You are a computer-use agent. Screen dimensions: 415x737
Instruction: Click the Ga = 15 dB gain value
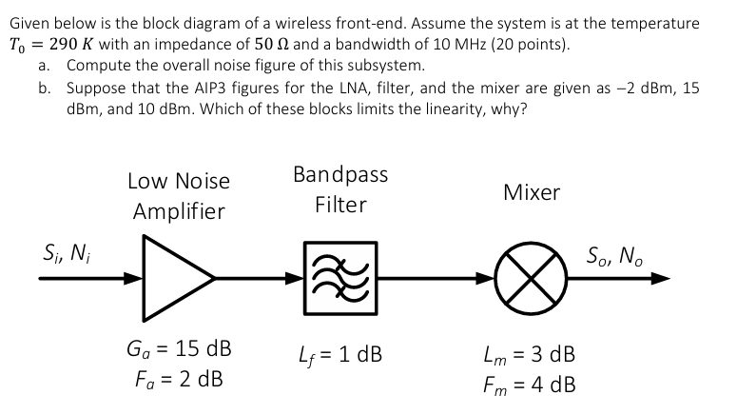click(x=178, y=346)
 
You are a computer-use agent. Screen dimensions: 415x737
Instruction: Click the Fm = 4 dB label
click(x=530, y=386)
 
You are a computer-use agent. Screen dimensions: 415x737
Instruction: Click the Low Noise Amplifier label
click(x=178, y=195)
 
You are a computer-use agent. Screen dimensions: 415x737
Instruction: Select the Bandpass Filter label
click(x=340, y=189)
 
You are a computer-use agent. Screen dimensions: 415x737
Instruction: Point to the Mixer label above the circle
click(x=532, y=193)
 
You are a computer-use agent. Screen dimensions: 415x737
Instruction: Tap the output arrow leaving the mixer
click(x=618, y=279)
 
